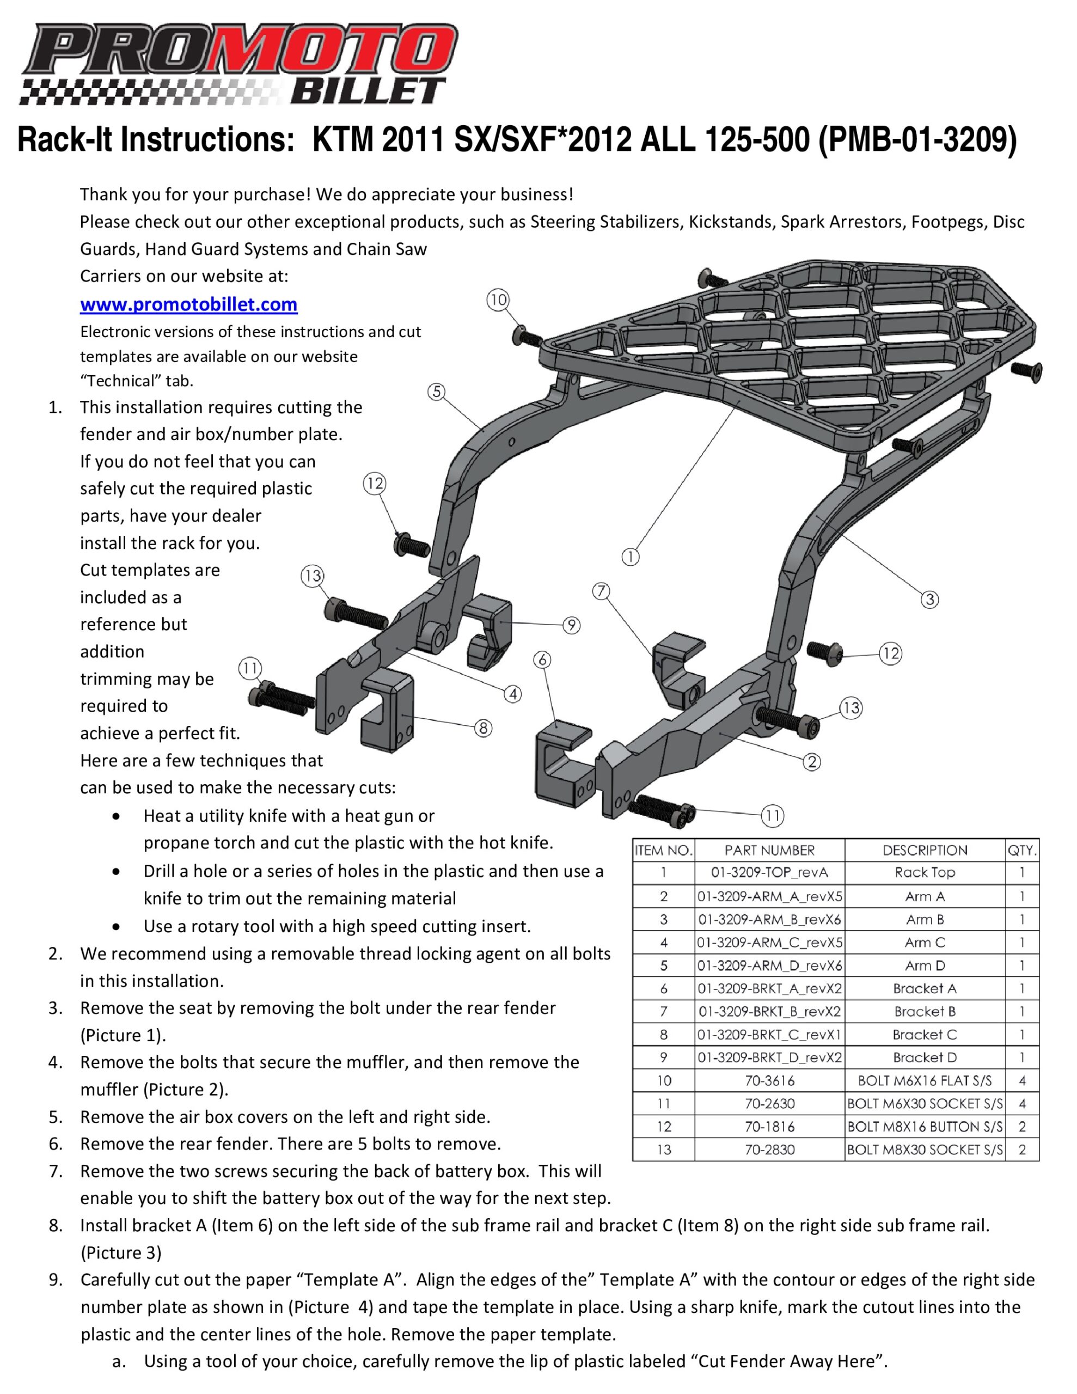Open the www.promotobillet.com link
[188, 304]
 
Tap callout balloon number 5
[436, 392]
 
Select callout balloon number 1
[630, 557]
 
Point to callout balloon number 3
[929, 600]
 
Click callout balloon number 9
[571, 625]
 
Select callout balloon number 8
[484, 727]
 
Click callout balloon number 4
[513, 694]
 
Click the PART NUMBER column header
[769, 850]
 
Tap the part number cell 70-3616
[769, 1080]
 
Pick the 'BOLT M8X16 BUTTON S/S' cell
[925, 1127]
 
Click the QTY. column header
[1022, 850]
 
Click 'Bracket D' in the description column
[925, 1057]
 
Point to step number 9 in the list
[56, 1280]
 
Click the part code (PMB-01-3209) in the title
[917, 139]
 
